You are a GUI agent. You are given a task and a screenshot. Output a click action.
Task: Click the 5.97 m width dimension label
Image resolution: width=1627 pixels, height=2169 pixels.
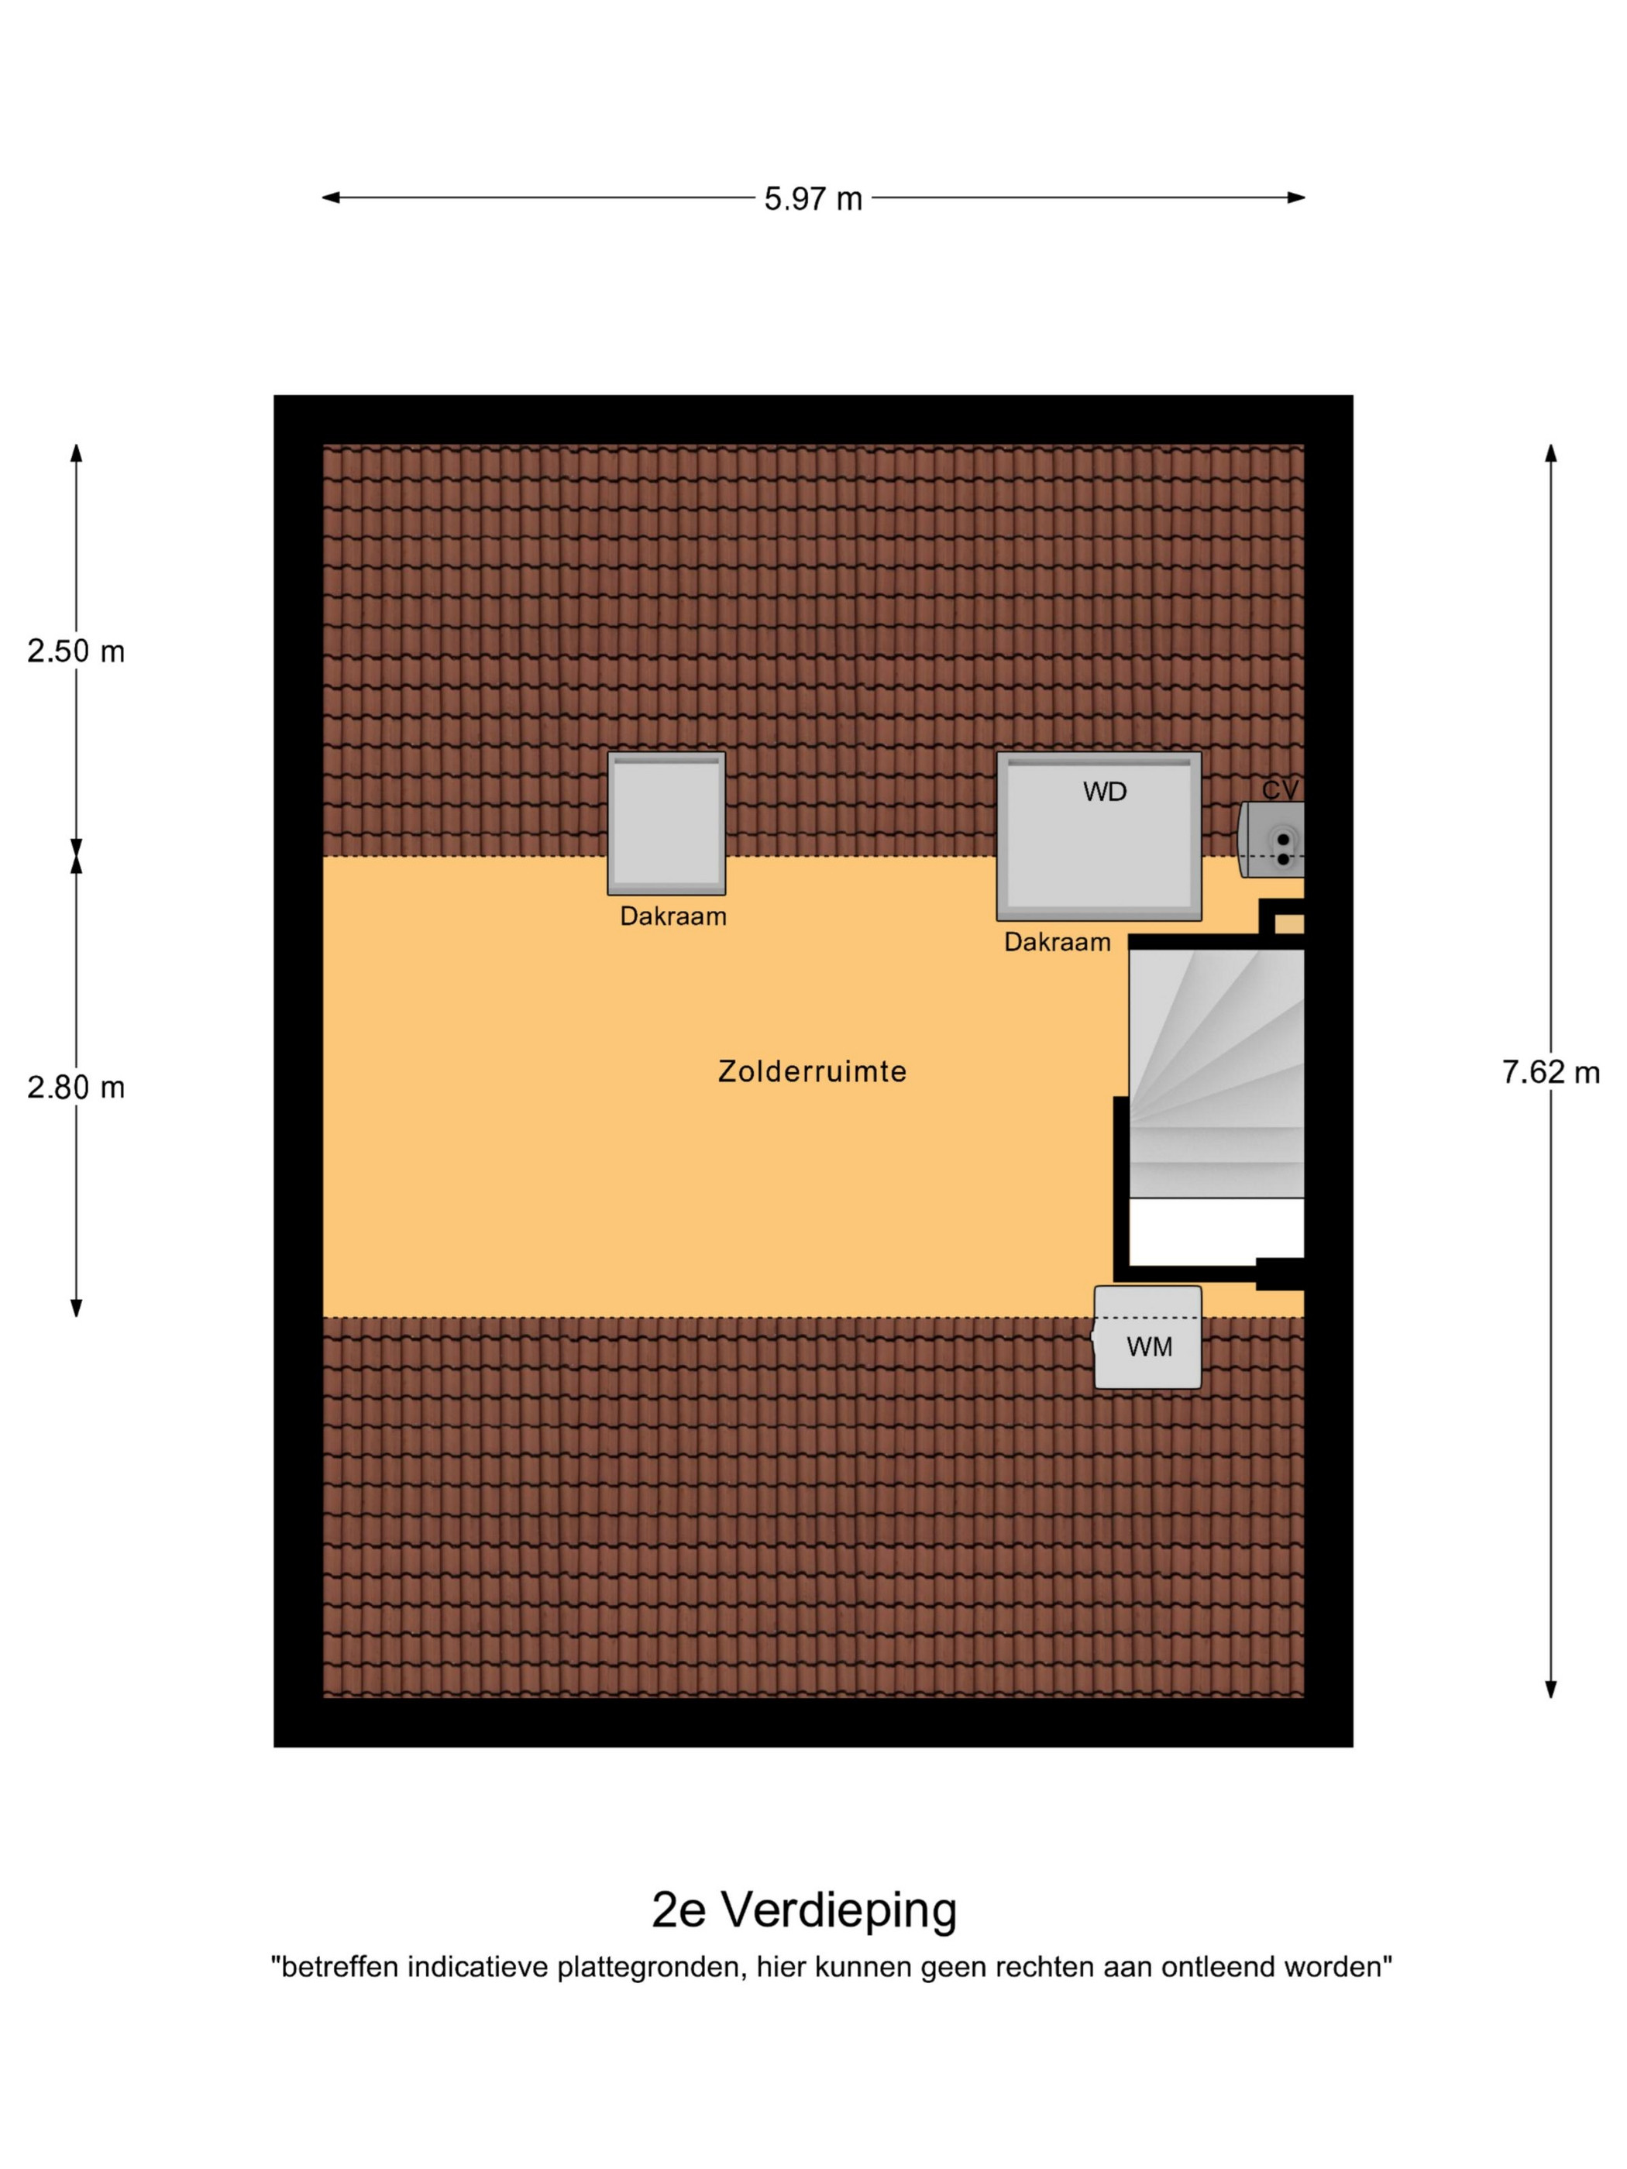point(813,199)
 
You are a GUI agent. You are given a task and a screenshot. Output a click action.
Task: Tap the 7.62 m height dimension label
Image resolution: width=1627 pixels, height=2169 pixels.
point(1550,1073)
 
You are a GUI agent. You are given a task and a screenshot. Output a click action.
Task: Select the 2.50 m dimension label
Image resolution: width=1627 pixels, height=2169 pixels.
point(75,651)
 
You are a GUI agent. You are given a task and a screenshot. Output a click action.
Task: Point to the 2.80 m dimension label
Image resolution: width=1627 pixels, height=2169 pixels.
point(75,1088)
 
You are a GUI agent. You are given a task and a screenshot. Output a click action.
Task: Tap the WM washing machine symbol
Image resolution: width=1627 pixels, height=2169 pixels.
point(1147,1338)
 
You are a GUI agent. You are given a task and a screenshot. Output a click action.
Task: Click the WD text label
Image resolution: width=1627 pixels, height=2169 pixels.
point(1104,792)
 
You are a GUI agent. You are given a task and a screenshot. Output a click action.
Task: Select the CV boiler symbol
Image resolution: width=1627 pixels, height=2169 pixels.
point(1271,840)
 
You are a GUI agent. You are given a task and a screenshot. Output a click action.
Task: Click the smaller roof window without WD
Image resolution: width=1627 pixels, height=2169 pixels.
point(667,823)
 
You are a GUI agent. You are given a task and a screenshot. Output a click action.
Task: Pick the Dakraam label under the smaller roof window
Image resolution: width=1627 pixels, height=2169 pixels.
point(672,917)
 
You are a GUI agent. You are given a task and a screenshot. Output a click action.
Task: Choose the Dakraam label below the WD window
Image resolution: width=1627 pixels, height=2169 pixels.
point(1058,942)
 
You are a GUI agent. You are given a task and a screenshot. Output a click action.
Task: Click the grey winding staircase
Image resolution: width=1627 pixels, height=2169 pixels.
point(1216,1073)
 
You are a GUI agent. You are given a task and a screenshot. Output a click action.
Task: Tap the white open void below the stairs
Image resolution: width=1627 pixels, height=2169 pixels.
point(1216,1231)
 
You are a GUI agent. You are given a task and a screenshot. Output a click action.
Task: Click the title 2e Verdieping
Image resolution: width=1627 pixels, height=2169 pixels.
point(804,1909)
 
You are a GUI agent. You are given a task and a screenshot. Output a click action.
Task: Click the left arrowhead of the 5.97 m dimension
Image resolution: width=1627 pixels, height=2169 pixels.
point(331,197)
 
